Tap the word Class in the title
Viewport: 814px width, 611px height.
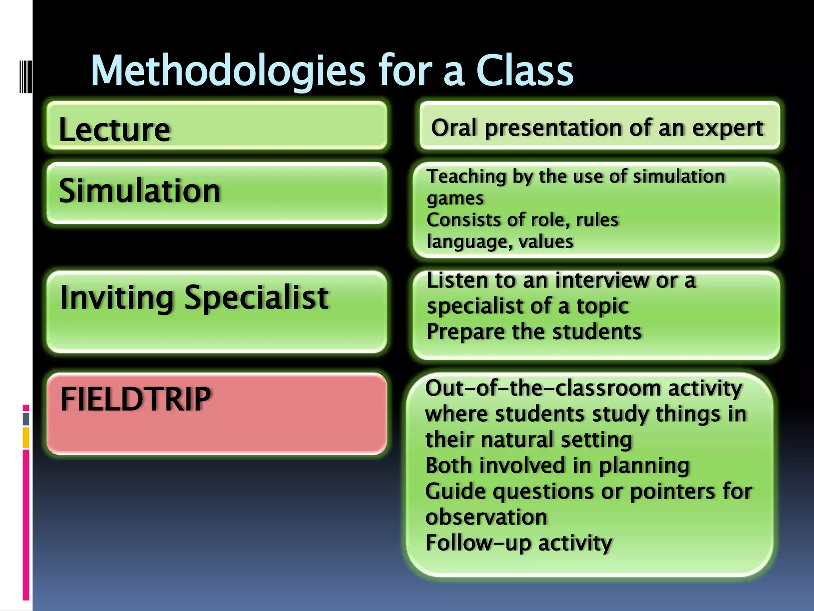tap(525, 71)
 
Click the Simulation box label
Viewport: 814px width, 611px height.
tap(139, 191)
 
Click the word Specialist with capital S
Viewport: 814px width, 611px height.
tap(256, 298)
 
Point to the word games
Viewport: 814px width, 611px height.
tap(455, 198)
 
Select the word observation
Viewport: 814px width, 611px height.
tap(486, 517)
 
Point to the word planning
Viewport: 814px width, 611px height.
tap(644, 466)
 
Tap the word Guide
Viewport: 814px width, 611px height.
tap(455, 492)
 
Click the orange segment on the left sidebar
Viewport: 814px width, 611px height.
tap(26, 437)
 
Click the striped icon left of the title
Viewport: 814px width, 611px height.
tap(26, 76)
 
